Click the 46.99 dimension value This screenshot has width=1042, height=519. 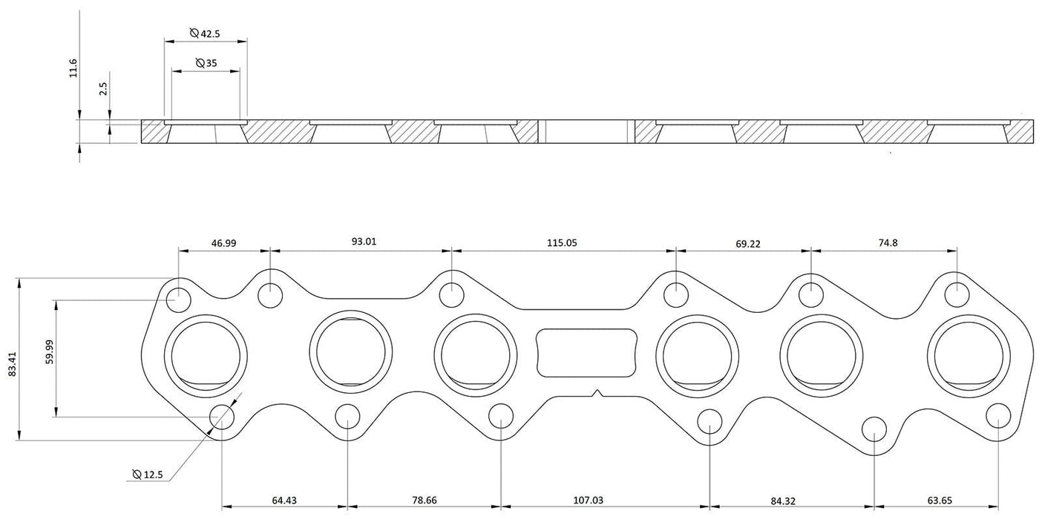(223, 242)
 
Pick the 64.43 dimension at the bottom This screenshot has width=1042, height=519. (284, 500)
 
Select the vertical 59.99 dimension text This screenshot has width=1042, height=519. (47, 359)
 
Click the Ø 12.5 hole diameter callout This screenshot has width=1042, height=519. (151, 475)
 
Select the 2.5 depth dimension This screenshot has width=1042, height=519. (104, 88)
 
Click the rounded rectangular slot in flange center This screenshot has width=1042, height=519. (586, 350)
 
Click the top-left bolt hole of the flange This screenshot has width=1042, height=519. (178, 300)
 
